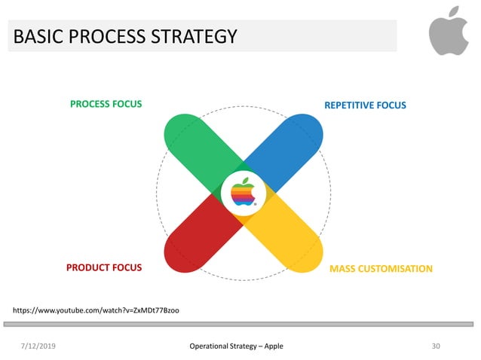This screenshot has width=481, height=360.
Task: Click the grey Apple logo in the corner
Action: tap(449, 31)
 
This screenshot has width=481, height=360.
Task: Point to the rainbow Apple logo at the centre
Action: tap(243, 192)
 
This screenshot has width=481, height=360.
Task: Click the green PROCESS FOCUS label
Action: tap(106, 104)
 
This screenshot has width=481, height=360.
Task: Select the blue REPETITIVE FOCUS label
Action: tap(366, 105)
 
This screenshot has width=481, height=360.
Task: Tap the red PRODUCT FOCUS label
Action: tap(104, 267)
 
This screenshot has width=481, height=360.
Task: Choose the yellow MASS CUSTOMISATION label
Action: tap(381, 269)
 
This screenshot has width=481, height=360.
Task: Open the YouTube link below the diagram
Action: tap(96, 311)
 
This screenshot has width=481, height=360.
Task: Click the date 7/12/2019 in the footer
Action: tap(38, 346)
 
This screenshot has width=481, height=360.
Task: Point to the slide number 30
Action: tap(436, 346)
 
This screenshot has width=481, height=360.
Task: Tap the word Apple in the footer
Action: tap(274, 346)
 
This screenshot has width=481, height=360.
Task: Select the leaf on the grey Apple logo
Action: tap(453, 11)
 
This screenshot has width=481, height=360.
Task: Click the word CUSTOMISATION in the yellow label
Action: tap(395, 269)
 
